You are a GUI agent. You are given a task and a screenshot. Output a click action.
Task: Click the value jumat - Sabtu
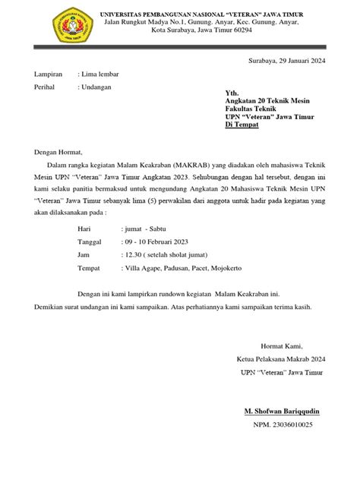click(149, 227)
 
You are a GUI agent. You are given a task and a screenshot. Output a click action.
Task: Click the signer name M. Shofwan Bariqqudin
click(282, 411)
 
